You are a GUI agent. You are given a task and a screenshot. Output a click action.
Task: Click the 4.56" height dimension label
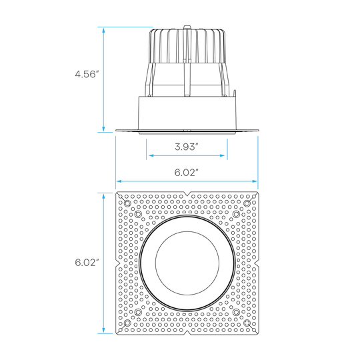(87, 74)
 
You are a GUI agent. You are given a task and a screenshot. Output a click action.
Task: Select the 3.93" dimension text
(187, 147)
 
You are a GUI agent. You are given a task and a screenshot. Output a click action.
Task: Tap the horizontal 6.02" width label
(187, 172)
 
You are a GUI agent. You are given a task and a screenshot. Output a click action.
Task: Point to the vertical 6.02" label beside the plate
(87, 262)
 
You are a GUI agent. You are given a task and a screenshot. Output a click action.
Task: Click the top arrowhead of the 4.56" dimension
(103, 31)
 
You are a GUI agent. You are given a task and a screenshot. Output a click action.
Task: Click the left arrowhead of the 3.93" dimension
(151, 155)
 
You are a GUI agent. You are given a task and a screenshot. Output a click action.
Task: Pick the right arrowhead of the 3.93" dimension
(222, 155)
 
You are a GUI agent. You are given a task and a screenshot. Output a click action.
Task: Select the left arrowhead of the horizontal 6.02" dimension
(119, 181)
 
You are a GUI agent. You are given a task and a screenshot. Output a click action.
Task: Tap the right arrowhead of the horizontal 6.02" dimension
(255, 181)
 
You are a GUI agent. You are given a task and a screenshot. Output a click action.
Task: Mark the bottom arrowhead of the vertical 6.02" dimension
(103, 330)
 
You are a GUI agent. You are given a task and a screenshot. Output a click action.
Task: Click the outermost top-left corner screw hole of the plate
(127, 203)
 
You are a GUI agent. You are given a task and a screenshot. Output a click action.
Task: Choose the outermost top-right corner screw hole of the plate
(247, 203)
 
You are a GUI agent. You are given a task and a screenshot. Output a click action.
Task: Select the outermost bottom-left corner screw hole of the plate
(127, 323)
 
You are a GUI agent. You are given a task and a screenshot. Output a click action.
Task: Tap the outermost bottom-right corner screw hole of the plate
(247, 323)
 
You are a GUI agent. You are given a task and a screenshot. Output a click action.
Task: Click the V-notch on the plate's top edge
(188, 194)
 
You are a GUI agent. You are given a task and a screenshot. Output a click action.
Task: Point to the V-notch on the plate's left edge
(118, 263)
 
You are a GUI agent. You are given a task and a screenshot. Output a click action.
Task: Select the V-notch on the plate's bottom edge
(188, 333)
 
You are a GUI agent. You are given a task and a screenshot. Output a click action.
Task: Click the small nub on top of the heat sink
(187, 27)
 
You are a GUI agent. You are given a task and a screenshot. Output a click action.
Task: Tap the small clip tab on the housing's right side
(235, 93)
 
